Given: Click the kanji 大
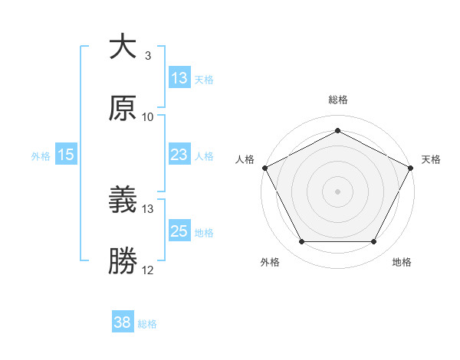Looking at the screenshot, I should (x=123, y=47).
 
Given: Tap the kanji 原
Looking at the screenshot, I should (x=123, y=108).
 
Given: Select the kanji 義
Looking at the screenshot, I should (x=123, y=201).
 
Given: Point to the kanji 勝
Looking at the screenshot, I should (x=123, y=261).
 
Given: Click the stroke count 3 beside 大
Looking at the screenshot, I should (x=147, y=56).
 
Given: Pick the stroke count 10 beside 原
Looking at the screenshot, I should (x=148, y=117).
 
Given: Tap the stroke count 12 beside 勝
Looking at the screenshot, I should (x=148, y=270).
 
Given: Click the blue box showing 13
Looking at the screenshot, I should (x=179, y=78).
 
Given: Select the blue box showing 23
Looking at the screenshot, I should (x=179, y=155).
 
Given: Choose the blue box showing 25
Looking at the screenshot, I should (x=179, y=231).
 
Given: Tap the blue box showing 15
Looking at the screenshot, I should (x=65, y=155).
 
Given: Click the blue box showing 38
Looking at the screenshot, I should (x=123, y=323).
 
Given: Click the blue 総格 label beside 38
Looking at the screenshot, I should (x=147, y=324).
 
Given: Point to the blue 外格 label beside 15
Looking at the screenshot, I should (x=41, y=156).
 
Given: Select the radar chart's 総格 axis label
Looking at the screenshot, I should (x=338, y=100).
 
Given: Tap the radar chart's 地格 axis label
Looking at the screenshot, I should (x=402, y=263).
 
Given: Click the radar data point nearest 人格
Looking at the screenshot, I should (x=264, y=167).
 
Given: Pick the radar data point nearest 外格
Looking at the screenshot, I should (x=301, y=242).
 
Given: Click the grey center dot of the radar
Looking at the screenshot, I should (x=338, y=191).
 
